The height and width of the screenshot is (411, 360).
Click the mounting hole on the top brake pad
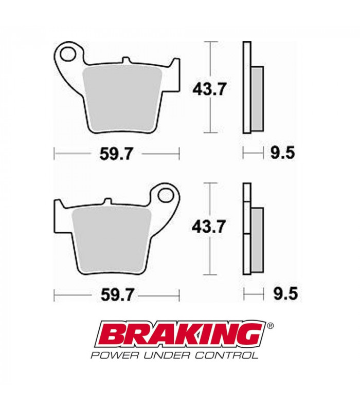click(68, 53)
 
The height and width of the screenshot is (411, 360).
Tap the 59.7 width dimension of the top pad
click(116, 153)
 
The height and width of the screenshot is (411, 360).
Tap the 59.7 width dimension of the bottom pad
click(116, 295)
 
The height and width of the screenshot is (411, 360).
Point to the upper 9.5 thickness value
click(281, 153)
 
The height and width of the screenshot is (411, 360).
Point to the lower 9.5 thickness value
click(281, 294)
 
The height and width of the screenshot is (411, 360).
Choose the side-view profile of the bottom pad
click(251, 230)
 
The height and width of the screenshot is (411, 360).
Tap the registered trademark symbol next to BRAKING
click(271, 326)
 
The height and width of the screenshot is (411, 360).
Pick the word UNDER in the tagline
click(167, 355)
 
